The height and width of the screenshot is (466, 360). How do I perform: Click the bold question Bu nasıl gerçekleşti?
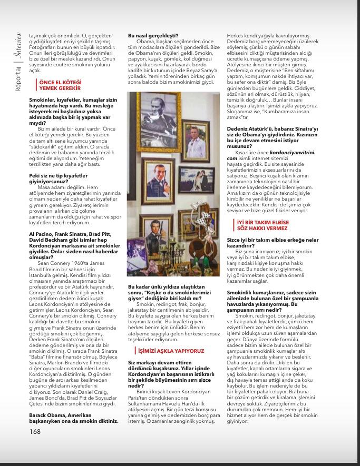click(153, 35)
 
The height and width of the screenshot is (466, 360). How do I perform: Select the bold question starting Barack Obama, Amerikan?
click(73, 419)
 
